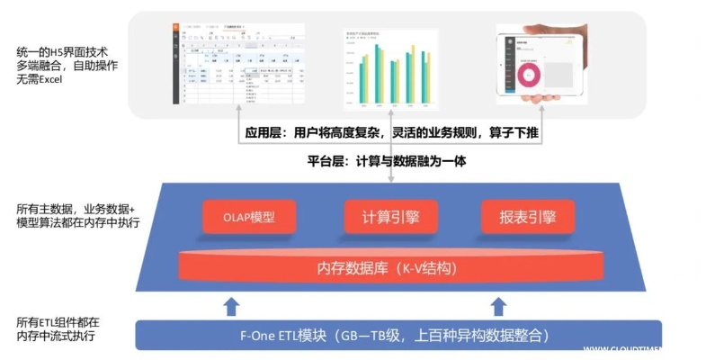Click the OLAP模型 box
[x=249, y=217]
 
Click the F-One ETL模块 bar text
[x=397, y=337]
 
